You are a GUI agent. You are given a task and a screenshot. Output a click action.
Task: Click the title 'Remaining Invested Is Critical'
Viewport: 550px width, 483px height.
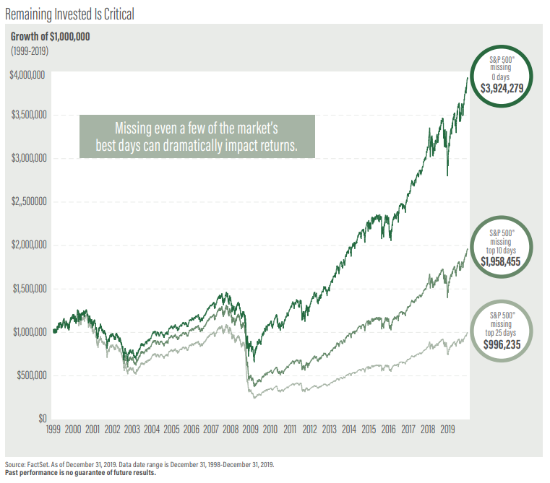69,14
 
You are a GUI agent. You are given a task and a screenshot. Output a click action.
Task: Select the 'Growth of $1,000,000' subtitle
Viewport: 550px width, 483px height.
49,36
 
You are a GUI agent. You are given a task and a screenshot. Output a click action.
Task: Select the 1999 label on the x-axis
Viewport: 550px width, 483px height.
53,429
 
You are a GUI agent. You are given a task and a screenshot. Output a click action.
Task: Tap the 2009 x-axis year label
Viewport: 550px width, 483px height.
251,429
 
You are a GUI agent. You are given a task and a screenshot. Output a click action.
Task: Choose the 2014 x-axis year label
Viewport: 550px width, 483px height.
350,429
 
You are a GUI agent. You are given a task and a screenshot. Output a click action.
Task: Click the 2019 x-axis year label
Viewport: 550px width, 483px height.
449,429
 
